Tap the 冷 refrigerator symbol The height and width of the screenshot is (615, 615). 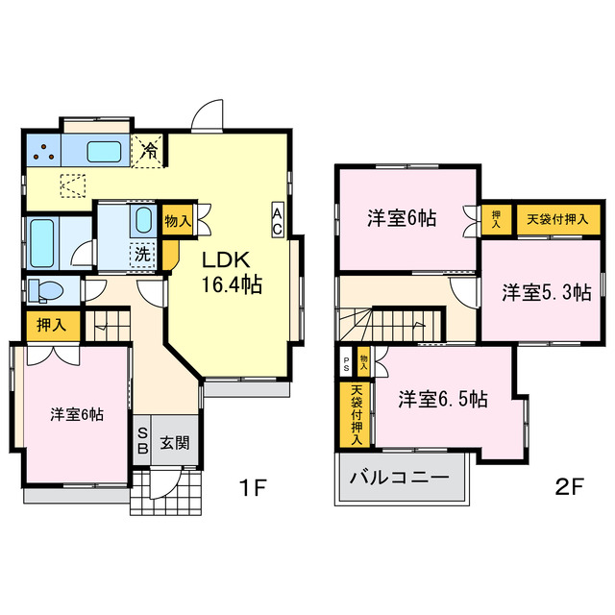tap(151, 149)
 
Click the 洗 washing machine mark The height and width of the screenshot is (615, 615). tap(142, 256)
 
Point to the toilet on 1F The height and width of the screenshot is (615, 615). tap(43, 289)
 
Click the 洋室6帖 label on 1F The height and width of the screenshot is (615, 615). tap(78, 414)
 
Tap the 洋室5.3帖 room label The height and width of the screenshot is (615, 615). tap(546, 293)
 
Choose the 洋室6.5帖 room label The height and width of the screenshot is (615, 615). tap(443, 399)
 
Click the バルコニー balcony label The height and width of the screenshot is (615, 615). tap(398, 478)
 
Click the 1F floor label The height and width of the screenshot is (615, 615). tap(252, 486)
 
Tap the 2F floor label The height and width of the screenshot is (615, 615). tap(569, 486)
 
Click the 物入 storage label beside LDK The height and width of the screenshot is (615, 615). tap(179, 221)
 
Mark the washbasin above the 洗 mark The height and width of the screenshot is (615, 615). tap(142, 220)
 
